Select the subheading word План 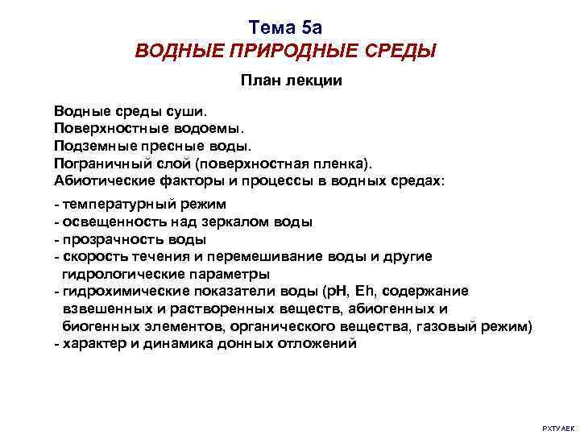click(259, 81)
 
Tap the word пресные click(161, 144)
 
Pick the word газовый click(459, 326)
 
